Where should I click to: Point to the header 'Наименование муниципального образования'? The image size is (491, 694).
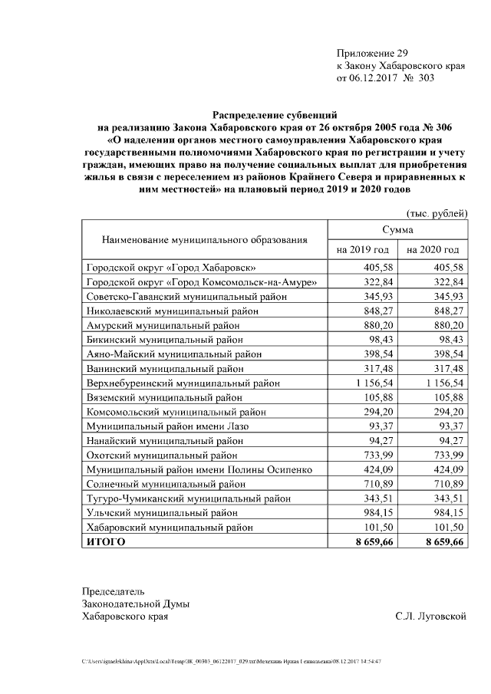pos(205,239)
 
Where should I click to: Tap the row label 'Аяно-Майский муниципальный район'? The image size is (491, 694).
pos(173,354)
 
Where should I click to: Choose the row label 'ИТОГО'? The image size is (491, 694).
pos(105,541)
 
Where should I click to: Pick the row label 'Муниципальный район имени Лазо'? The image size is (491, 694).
pos(167,426)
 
